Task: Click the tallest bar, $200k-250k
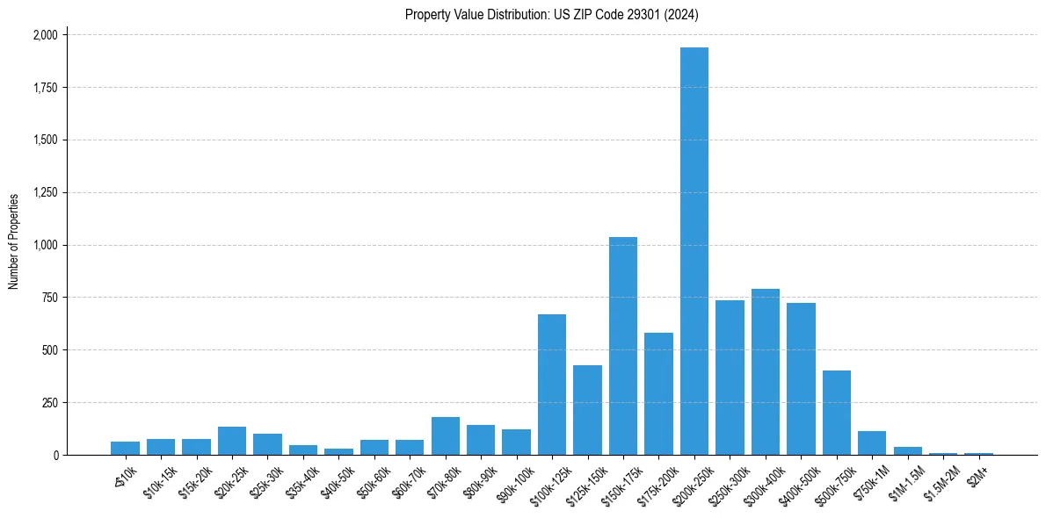pyautogui.click(x=694, y=251)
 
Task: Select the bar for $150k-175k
pyautogui.click(x=623, y=346)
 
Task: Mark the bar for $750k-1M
pyautogui.click(x=872, y=443)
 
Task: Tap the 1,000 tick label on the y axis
pyautogui.click(x=45, y=246)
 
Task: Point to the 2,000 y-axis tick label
pyautogui.click(x=45, y=35)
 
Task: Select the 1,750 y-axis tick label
pyautogui.click(x=45, y=88)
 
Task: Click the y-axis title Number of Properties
pyautogui.click(x=13, y=241)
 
